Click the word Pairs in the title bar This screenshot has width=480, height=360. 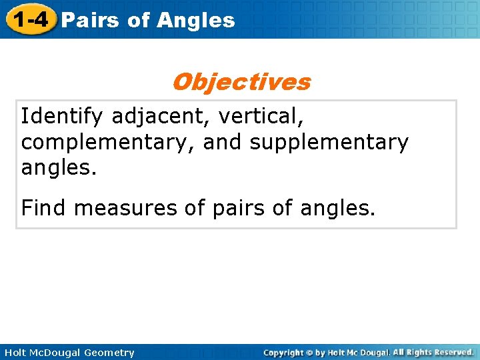[89, 20]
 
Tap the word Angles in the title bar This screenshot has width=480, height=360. [196, 20]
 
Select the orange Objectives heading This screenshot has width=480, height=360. [241, 82]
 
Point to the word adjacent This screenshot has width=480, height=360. [160, 117]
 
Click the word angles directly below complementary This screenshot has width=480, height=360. [59, 167]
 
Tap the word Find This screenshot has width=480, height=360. [44, 209]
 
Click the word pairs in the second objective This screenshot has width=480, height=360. [237, 209]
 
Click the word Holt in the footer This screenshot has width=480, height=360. [14, 353]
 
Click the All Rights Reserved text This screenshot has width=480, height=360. [433, 352]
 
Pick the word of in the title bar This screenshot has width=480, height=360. [138, 20]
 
